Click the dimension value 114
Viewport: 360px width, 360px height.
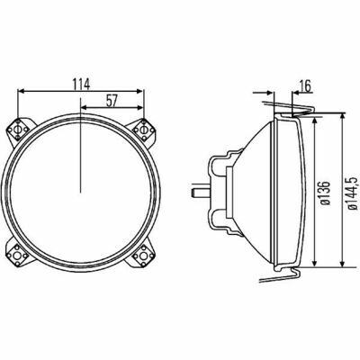(81, 84)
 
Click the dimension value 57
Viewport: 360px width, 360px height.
(112, 101)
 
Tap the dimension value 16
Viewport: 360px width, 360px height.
(305, 86)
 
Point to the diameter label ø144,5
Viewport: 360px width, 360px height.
(353, 193)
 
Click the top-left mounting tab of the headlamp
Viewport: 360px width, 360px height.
(20, 130)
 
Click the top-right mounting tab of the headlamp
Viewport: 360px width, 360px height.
(143, 130)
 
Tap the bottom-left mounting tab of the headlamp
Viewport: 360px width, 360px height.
(19, 255)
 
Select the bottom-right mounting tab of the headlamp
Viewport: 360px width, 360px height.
(142, 255)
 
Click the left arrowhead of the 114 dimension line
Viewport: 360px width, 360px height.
(21, 91)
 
